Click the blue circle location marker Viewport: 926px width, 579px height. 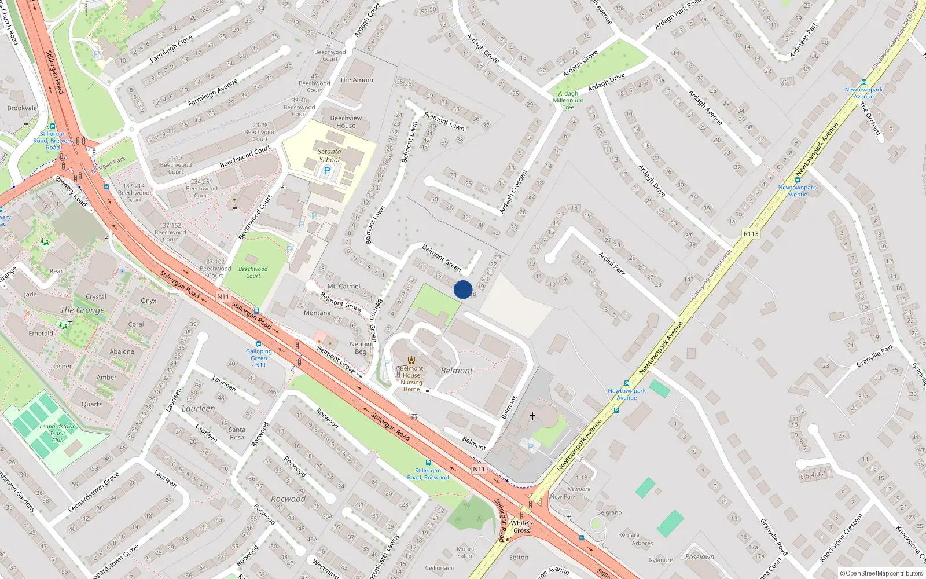463,289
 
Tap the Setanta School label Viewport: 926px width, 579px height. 329,156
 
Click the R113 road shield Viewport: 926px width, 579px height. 751,234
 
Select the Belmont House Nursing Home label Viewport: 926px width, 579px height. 411,379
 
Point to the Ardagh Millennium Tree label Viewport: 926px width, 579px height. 568,100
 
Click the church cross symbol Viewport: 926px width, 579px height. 532,416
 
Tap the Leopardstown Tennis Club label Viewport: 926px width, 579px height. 58,433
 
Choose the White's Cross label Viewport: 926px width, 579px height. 521,526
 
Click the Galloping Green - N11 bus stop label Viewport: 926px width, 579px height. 259,358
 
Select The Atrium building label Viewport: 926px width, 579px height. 357,80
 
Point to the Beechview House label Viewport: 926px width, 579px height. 346,122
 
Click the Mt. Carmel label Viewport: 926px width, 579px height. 344,287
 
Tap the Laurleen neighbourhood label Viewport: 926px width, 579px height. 198,409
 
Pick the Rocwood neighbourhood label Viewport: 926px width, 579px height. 288,499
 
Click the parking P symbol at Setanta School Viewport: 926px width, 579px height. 327,171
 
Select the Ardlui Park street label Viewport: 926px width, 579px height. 612,263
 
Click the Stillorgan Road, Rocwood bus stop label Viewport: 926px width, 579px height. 428,474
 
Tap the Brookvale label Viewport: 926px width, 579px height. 22,108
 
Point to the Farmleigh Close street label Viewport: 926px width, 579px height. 171,49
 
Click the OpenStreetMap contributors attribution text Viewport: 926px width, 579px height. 881,574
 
